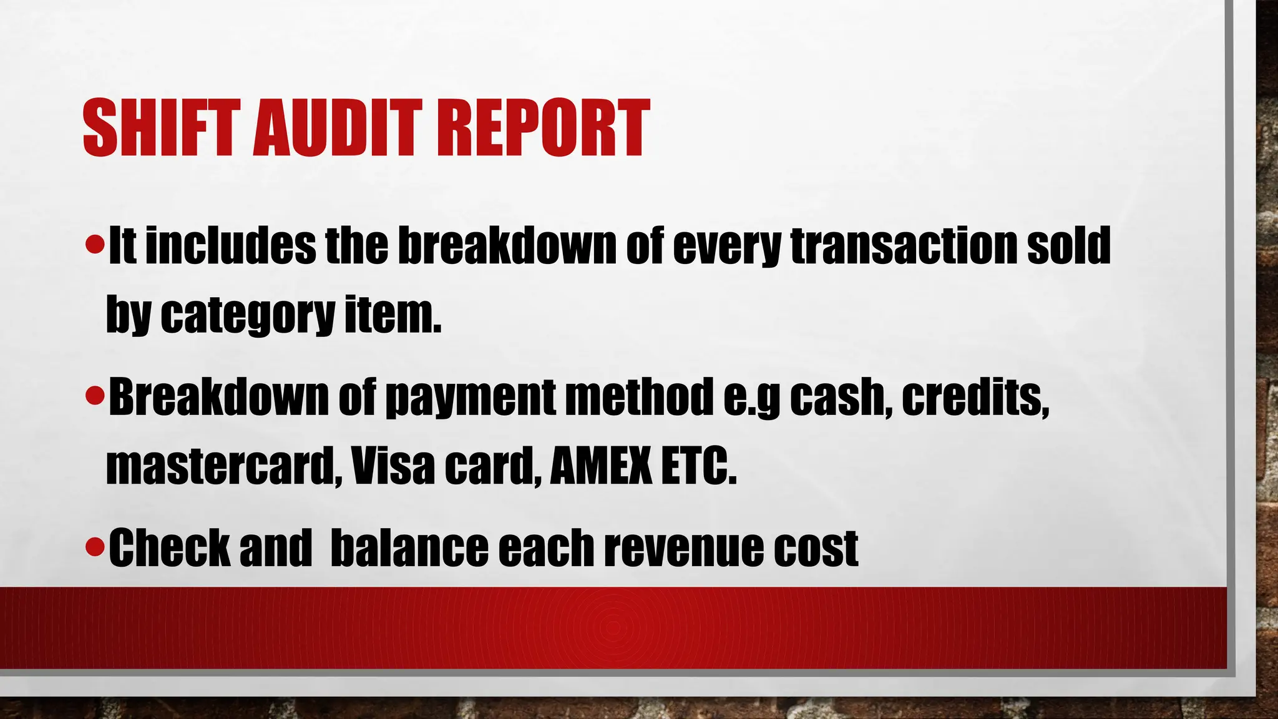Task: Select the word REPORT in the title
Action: (x=542, y=128)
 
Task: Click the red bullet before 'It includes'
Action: (x=95, y=245)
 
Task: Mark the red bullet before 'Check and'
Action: (x=95, y=547)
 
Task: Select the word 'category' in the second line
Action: (x=248, y=316)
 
